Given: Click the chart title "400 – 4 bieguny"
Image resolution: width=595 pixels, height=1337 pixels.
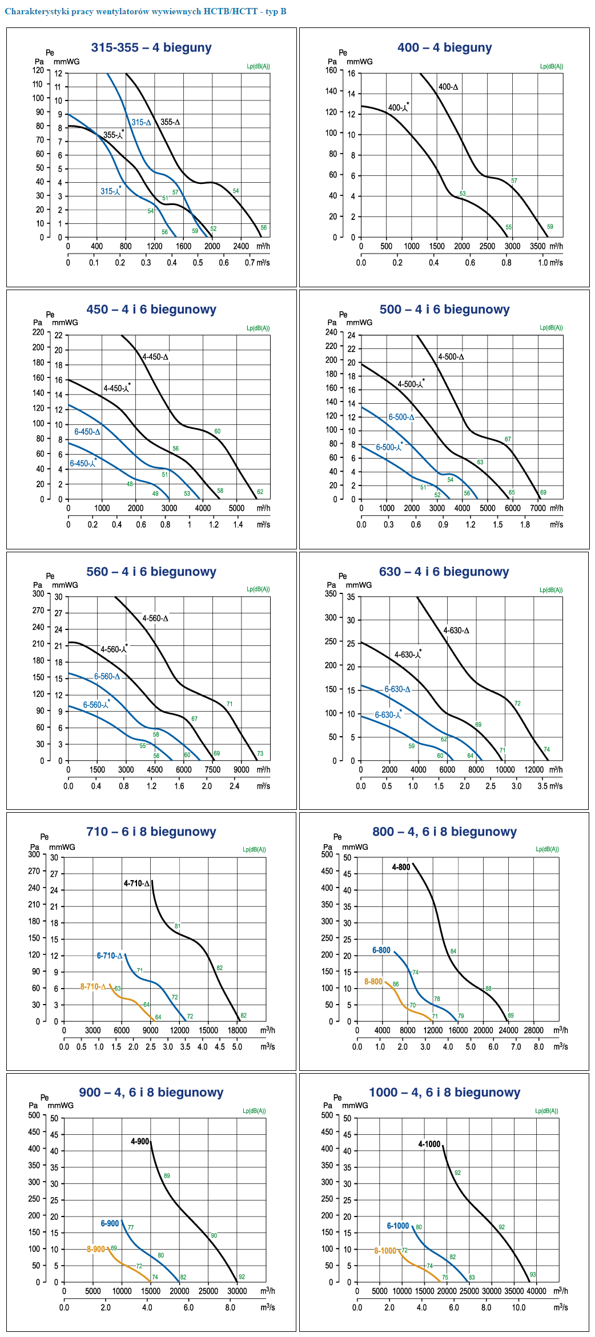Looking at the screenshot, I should [444, 48].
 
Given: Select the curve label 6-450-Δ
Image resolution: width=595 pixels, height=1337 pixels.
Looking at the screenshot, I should [87, 432].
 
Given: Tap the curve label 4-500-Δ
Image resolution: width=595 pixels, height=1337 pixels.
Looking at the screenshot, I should [451, 357].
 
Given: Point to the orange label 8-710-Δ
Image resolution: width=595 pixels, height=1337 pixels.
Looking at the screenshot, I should [93, 986].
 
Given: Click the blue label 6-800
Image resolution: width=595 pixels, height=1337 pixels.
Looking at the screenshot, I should [381, 950].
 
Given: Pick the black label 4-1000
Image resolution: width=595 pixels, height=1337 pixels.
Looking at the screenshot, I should [429, 1144].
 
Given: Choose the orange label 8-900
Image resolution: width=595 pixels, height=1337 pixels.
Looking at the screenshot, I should [96, 1249].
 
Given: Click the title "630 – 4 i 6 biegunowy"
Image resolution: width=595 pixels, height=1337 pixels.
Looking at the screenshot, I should [444, 572].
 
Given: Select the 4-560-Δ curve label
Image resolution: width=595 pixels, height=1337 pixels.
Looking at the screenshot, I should [155, 619].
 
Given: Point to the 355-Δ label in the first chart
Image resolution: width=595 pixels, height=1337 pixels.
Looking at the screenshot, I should [170, 122].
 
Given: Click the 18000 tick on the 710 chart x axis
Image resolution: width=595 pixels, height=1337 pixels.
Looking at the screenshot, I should [237, 1030].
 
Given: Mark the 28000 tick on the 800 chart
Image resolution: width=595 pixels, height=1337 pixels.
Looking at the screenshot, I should [534, 1030].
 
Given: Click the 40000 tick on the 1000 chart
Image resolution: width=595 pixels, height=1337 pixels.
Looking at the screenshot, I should [536, 1291].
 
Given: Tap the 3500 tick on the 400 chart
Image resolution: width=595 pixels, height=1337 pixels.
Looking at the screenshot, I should [537, 246].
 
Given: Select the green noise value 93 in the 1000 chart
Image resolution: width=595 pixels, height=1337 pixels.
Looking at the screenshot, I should [533, 1274].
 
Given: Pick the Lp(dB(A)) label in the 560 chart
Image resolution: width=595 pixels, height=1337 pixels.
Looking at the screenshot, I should [258, 589].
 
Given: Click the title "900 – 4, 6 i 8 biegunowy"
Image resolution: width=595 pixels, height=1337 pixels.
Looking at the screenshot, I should [151, 1093].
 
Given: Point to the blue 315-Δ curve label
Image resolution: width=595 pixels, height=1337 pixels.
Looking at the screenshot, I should [141, 122].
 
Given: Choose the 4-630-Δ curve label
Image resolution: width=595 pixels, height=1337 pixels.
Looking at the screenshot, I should [456, 631].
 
